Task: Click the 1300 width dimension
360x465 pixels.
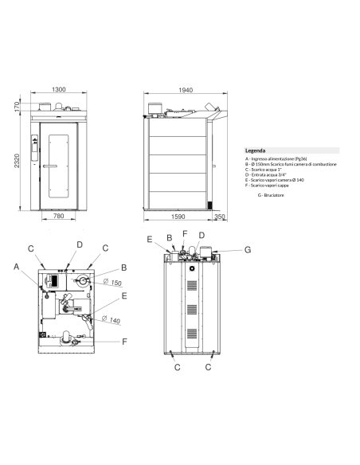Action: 57,90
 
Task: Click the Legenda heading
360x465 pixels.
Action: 256,150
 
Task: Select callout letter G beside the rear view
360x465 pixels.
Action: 248,249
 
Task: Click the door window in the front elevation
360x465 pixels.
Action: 58,166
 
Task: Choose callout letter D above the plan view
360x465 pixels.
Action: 80,244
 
